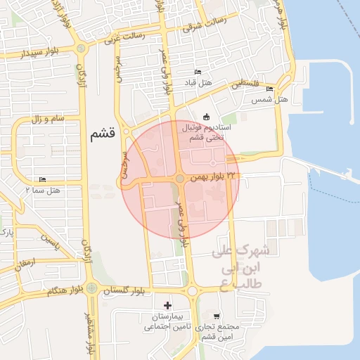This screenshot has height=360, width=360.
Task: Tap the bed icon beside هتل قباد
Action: coord(198,72)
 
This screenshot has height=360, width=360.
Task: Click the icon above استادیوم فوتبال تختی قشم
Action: coord(206,116)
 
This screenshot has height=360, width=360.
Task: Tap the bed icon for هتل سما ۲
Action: coord(43,180)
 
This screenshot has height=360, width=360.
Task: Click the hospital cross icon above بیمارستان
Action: coord(167,305)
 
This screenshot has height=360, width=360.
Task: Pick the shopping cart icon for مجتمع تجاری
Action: coord(217,317)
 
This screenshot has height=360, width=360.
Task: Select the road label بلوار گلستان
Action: coord(126,290)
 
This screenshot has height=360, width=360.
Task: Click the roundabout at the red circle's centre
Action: coord(181,180)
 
